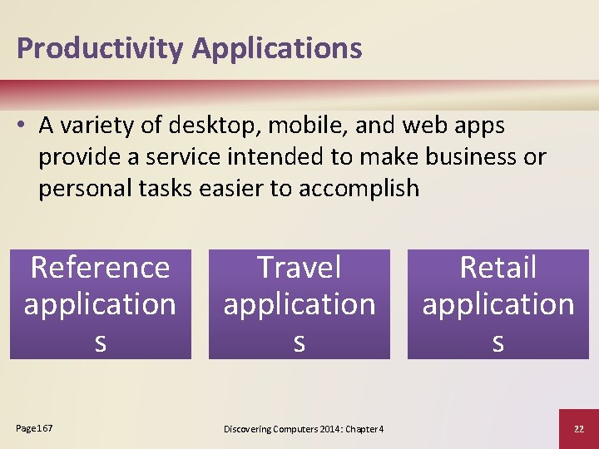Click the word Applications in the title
(x=277, y=48)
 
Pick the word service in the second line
(x=174, y=157)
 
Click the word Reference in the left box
(x=100, y=268)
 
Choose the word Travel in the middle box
(x=299, y=268)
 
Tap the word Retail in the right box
(x=498, y=268)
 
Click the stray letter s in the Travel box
(x=299, y=342)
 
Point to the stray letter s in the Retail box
(x=498, y=342)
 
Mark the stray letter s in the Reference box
(x=100, y=342)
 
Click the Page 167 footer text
(x=34, y=427)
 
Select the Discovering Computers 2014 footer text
(x=304, y=428)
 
